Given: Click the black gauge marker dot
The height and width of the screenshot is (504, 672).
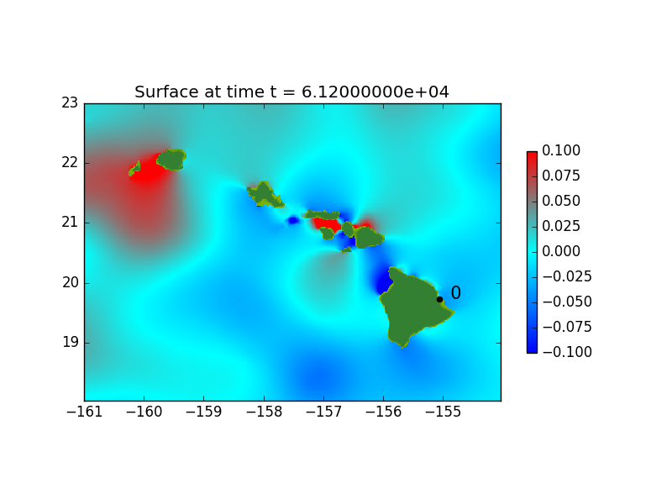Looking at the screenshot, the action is pyautogui.click(x=439, y=300).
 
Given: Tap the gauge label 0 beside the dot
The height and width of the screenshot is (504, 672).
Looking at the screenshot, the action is pyautogui.click(x=455, y=292).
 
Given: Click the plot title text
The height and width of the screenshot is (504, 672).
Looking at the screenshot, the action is pyautogui.click(x=291, y=92).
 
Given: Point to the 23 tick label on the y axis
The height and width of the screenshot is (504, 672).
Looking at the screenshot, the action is pyautogui.click(x=70, y=102).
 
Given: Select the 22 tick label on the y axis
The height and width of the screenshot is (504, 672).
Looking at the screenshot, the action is pyautogui.click(x=70, y=162).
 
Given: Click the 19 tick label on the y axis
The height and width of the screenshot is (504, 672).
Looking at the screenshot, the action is pyautogui.click(x=70, y=343).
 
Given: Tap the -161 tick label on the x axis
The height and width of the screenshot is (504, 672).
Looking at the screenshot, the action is pyautogui.click(x=85, y=412).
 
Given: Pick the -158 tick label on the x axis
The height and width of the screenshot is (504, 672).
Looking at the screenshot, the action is pyautogui.click(x=264, y=412).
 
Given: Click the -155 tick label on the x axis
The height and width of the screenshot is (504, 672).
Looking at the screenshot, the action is pyautogui.click(x=444, y=412).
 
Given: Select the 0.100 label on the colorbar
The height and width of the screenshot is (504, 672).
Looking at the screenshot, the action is pyautogui.click(x=561, y=150).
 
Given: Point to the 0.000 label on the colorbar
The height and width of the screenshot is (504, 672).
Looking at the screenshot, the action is pyautogui.click(x=561, y=251).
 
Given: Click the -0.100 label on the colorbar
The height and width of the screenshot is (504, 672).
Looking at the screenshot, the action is pyautogui.click(x=567, y=352).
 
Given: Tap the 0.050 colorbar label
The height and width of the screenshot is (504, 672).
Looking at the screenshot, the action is pyautogui.click(x=561, y=201).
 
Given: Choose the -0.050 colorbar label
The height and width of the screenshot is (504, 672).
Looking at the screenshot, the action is pyautogui.click(x=567, y=302).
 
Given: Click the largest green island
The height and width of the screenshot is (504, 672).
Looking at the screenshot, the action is pyautogui.click(x=412, y=304).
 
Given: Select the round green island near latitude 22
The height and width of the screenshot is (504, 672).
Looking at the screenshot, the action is pyautogui.click(x=171, y=160).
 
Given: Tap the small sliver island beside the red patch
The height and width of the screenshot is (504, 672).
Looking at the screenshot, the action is pyautogui.click(x=134, y=169).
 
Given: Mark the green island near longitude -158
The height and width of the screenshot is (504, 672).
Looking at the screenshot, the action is pyautogui.click(x=265, y=195).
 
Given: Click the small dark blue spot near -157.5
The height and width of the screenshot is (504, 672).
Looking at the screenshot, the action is pyautogui.click(x=292, y=220).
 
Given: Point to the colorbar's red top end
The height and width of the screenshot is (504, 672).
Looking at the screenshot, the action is pyautogui.click(x=532, y=155).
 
